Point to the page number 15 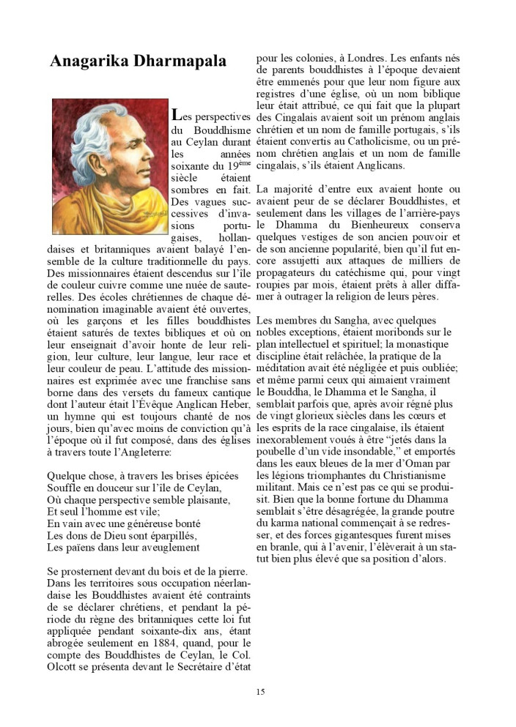click(260, 691)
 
